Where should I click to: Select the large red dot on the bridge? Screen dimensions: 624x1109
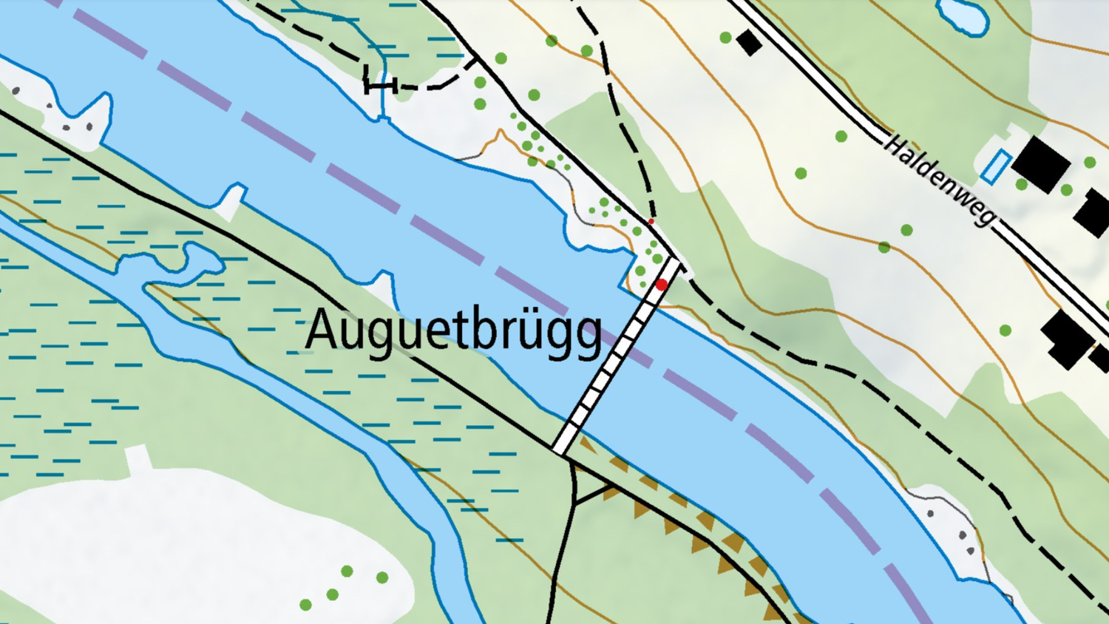click(662, 285)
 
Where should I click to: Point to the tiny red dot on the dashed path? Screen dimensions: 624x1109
click(651, 221)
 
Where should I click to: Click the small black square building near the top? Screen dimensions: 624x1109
click(749, 42)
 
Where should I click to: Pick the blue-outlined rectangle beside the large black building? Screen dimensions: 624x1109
click(994, 166)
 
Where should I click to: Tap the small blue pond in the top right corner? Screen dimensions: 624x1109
click(962, 15)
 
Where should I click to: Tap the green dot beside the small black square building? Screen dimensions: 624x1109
click(725, 37)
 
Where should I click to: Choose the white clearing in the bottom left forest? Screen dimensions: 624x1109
click(185, 540)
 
